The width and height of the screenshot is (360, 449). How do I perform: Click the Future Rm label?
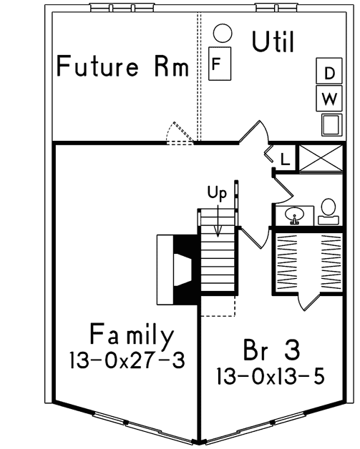(122, 68)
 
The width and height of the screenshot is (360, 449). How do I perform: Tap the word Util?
(273, 42)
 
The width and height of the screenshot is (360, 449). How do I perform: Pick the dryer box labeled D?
(329, 73)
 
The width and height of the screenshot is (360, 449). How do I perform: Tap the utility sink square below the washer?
(329, 124)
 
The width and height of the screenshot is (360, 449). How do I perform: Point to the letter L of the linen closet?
(284, 159)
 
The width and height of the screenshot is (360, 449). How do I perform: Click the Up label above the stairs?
(217, 192)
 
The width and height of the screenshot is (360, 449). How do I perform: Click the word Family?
(132, 335)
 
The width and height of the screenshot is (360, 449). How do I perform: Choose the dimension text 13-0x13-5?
(268, 375)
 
